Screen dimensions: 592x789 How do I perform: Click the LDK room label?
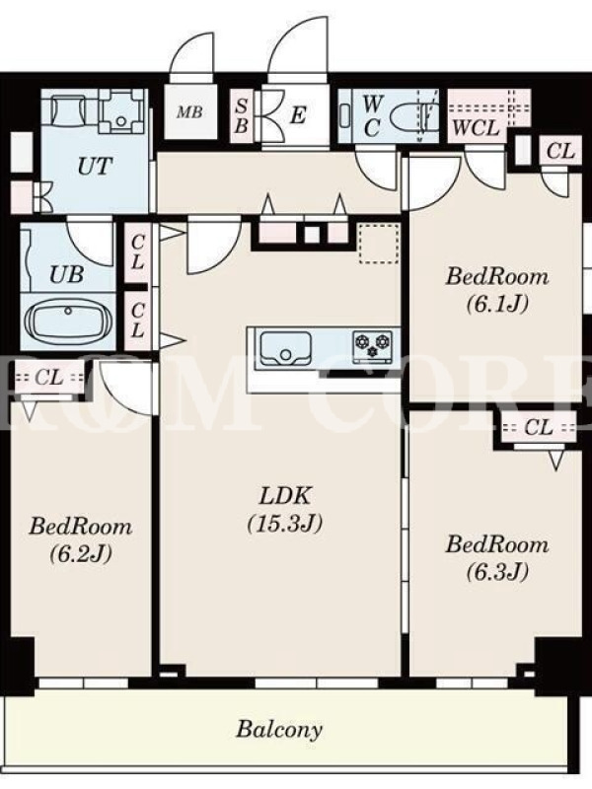tap(284, 509)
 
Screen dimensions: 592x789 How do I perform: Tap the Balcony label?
tap(279, 729)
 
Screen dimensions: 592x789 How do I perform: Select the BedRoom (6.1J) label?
tap(497, 289)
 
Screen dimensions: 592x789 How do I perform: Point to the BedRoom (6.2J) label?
tap(81, 539)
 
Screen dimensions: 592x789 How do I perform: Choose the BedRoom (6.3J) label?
tap(497, 557)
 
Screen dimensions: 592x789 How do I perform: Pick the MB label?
tap(189, 111)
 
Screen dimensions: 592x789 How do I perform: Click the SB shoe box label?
tap(242, 116)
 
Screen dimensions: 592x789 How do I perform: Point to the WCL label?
tap(477, 128)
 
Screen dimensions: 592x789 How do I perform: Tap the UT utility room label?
tap(95, 166)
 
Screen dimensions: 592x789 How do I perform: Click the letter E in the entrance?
tap(298, 115)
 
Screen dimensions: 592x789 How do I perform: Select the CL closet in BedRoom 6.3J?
tap(538, 428)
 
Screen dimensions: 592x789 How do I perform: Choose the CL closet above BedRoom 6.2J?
tap(49, 377)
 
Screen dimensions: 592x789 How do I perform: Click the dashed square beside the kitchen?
tap(379, 244)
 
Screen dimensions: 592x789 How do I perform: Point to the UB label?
tap(66, 275)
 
